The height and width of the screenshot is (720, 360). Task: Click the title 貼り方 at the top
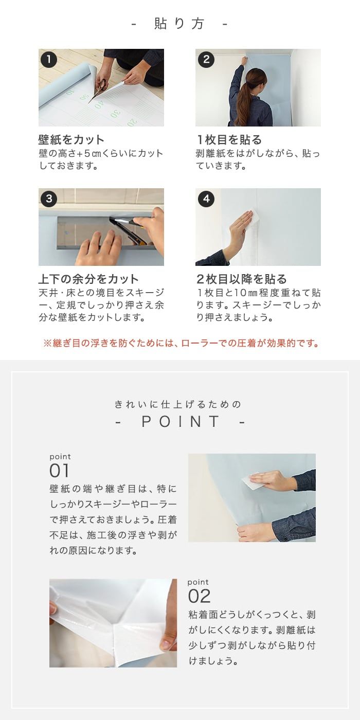[x=179, y=24]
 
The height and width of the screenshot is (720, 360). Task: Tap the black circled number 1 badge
[x=49, y=60]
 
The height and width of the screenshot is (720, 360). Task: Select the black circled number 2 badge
[x=206, y=60]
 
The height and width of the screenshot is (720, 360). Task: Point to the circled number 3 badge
[x=49, y=199]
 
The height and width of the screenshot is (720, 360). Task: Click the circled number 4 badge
[x=206, y=199]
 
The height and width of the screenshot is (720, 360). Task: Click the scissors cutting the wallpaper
[x=100, y=89]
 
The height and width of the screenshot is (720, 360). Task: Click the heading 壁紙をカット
[x=71, y=140]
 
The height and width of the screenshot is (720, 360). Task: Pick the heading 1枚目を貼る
[x=229, y=140]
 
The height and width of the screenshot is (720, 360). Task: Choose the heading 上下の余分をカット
[x=88, y=279]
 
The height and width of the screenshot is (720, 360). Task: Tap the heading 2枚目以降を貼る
[x=242, y=279]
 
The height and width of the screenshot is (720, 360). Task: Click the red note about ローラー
[x=182, y=344]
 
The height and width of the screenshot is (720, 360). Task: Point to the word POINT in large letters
[x=181, y=421]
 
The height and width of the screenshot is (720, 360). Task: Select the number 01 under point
[x=59, y=471]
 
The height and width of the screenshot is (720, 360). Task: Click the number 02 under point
[x=200, y=596]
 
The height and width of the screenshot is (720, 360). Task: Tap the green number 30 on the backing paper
[x=115, y=114]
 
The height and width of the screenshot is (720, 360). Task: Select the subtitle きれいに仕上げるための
[x=178, y=404]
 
